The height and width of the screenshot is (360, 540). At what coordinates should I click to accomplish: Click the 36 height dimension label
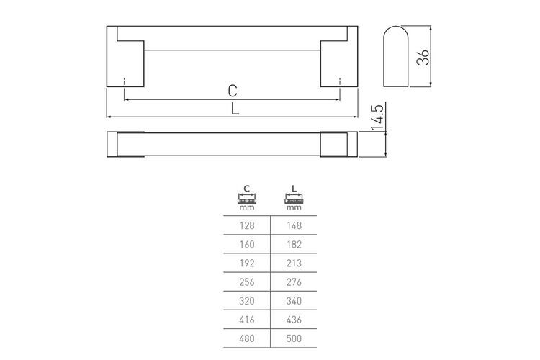(423, 57)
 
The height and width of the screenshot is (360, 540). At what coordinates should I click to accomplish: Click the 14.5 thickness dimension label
(377, 117)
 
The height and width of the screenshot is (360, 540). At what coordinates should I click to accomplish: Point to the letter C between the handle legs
(233, 91)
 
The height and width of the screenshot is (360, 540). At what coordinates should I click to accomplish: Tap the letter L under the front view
(235, 109)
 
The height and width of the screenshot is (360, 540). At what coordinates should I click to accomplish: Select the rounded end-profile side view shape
(396, 56)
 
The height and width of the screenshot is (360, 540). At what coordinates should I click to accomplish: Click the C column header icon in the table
(247, 198)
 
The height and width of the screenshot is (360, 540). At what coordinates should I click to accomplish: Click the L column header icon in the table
(294, 198)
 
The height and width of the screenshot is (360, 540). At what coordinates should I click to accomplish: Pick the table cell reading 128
(247, 225)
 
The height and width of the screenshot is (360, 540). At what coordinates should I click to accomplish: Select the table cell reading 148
(294, 225)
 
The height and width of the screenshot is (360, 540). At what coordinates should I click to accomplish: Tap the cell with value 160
(247, 245)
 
